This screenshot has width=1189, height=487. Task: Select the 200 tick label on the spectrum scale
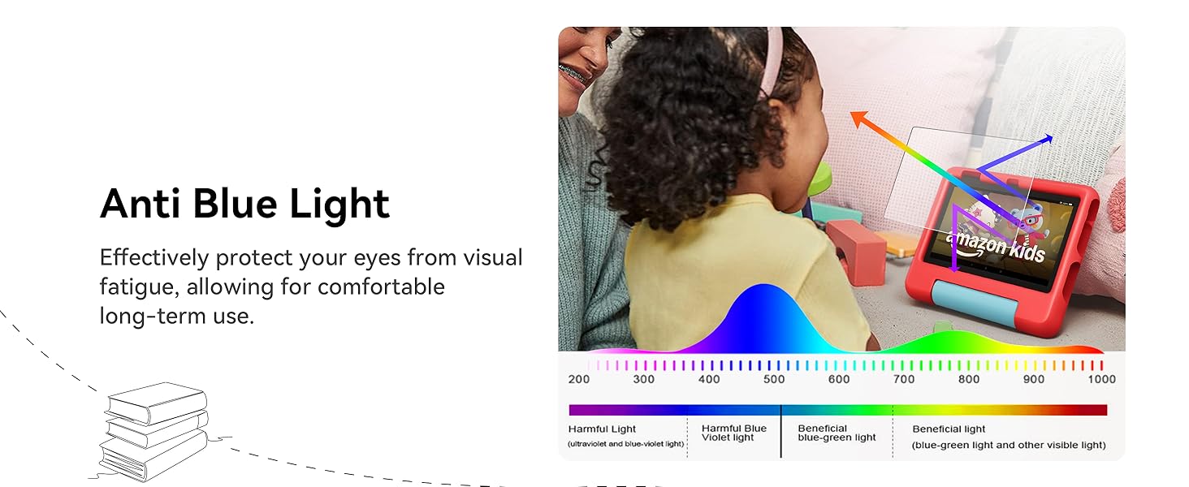pyautogui.click(x=578, y=379)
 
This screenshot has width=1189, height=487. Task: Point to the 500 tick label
pyautogui.click(x=774, y=379)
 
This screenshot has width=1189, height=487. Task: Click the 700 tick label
pyautogui.click(x=904, y=379)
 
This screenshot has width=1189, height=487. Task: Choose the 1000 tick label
pyautogui.click(x=1102, y=379)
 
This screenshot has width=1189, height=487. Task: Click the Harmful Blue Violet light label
pyautogui.click(x=734, y=433)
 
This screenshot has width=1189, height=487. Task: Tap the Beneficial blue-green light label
pyautogui.click(x=837, y=433)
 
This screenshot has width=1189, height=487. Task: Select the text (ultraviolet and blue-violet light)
pyautogui.click(x=626, y=444)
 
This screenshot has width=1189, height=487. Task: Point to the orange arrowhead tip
pyautogui.click(x=851, y=113)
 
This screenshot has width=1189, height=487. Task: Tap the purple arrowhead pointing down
pyautogui.click(x=954, y=268)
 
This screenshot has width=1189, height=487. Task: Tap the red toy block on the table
pyautogui.click(x=856, y=252)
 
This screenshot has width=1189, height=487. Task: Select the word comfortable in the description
pyautogui.click(x=381, y=287)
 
